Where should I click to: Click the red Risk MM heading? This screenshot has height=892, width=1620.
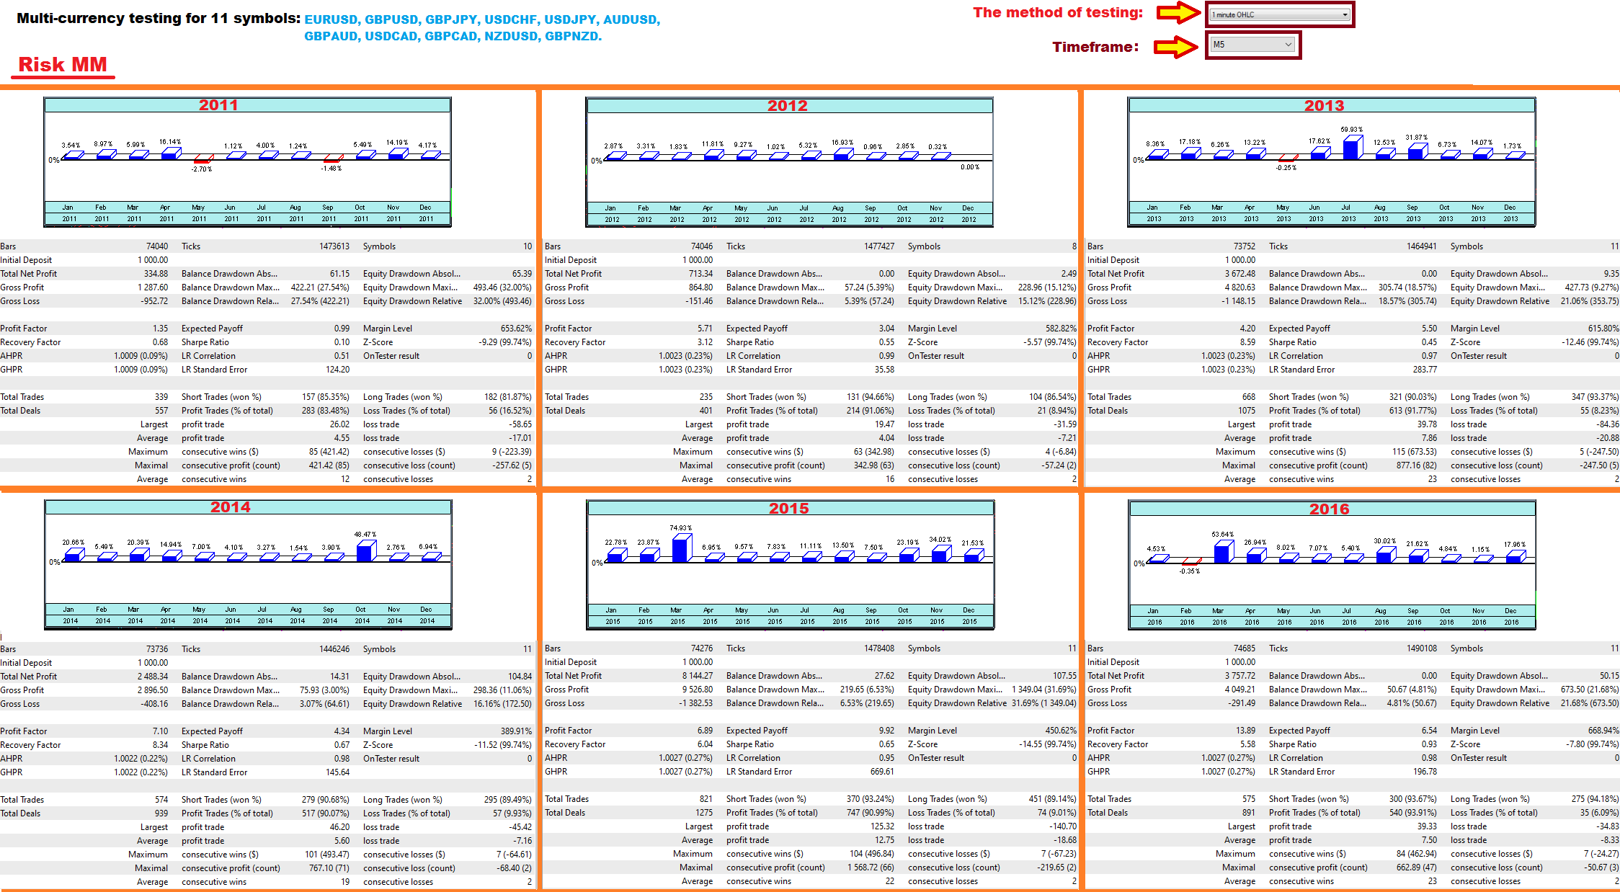(63, 65)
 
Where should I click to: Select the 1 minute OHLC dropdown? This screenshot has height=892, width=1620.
(1279, 14)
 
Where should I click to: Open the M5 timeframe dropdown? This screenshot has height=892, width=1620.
(1252, 45)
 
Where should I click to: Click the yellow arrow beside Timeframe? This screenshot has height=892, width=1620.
(1175, 47)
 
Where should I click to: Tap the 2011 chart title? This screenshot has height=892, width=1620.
(218, 105)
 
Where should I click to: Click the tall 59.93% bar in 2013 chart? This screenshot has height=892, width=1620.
(1351, 147)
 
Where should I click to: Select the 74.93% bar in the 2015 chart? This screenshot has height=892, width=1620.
(681, 548)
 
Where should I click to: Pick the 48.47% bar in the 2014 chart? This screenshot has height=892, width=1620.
(365, 551)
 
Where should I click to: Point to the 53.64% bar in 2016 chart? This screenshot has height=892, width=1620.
(1222, 553)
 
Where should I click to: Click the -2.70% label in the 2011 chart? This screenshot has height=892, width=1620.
(202, 169)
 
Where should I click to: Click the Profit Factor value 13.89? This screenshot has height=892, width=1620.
(1245, 731)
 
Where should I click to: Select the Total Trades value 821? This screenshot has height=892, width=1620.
(706, 799)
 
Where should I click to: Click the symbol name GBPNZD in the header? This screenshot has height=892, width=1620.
(572, 36)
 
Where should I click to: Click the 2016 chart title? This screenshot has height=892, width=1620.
(1329, 509)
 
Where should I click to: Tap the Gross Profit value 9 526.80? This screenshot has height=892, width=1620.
(693, 690)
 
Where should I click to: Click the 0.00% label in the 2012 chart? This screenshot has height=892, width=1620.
(970, 167)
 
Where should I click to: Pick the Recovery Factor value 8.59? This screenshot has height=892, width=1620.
(1247, 342)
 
